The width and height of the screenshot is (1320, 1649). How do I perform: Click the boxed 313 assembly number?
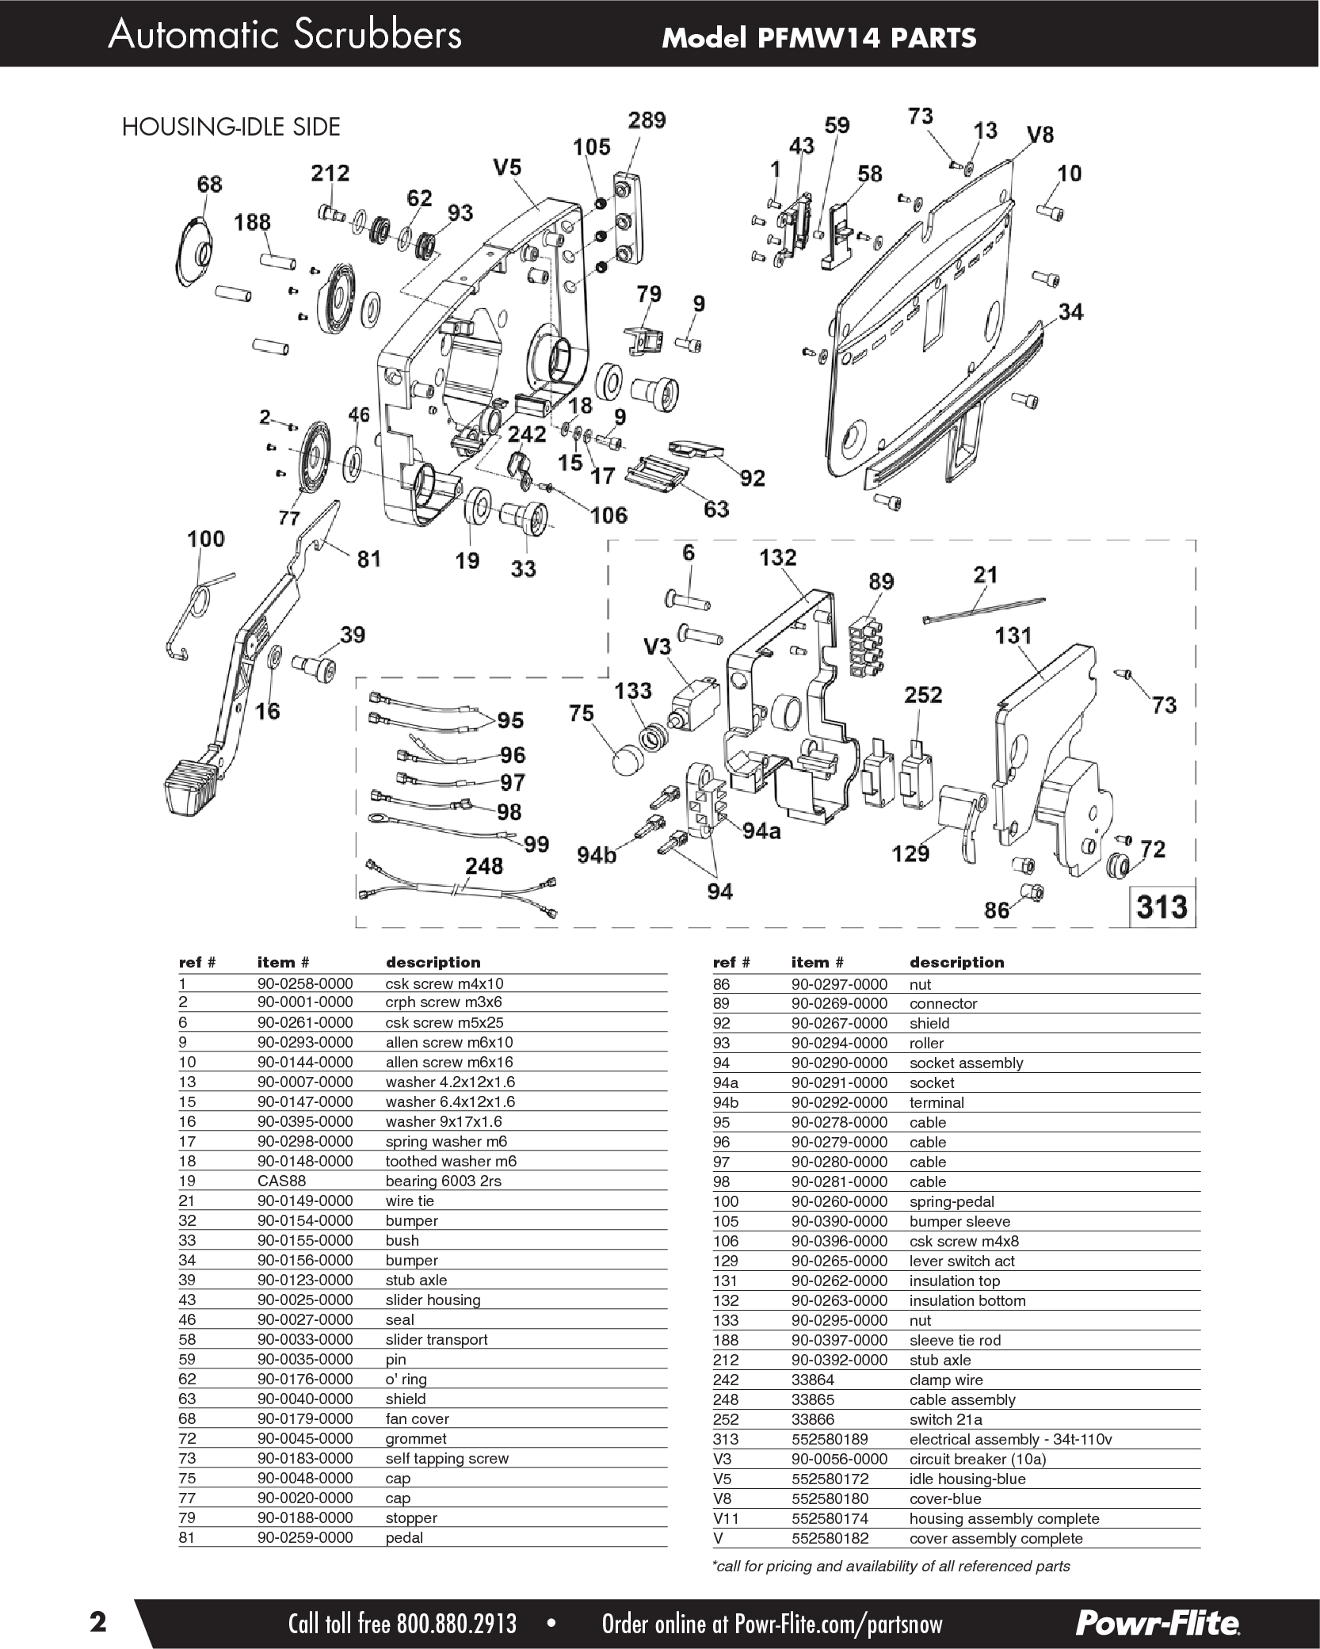pyautogui.click(x=1162, y=905)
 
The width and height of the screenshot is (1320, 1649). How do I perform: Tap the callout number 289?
pyautogui.click(x=647, y=120)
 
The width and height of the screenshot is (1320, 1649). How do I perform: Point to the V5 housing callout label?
pyautogui.click(x=506, y=168)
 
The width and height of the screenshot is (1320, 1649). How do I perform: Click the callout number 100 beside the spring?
pyautogui.click(x=206, y=539)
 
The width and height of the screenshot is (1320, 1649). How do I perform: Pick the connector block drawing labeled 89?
pyautogui.click(x=867, y=645)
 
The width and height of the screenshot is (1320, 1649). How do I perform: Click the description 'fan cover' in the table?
pyautogui.click(x=417, y=1418)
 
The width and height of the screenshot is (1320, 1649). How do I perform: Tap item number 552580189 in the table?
pyautogui.click(x=829, y=1439)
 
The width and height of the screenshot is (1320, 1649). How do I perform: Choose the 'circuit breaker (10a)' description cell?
pyautogui.click(x=977, y=1459)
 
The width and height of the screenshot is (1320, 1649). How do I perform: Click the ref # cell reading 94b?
pyautogui.click(x=727, y=1102)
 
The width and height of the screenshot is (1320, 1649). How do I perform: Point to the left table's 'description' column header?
pyautogui.click(x=433, y=962)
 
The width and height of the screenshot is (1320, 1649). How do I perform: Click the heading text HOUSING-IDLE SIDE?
pyautogui.click(x=231, y=127)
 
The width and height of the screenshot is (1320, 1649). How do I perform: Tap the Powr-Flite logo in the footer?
pyautogui.click(x=1157, y=1617)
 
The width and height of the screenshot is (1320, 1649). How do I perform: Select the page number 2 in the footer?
pyautogui.click(x=97, y=1617)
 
